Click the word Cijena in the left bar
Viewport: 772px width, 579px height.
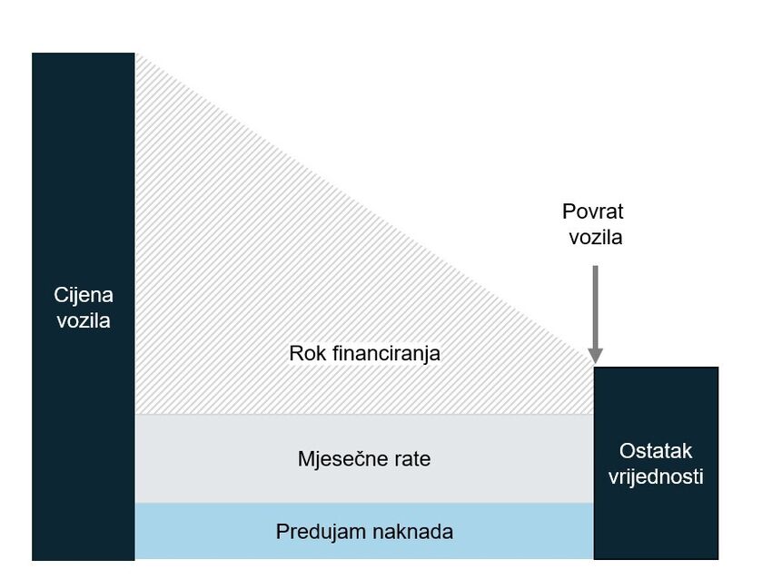click(84, 295)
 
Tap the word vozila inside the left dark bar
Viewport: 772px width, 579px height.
click(84, 320)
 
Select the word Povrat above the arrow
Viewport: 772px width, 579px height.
click(593, 211)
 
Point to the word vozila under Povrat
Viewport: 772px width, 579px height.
click(596, 237)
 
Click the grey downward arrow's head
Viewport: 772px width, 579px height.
click(595, 356)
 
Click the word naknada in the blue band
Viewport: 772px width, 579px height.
click(412, 532)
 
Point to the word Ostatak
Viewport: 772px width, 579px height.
click(656, 451)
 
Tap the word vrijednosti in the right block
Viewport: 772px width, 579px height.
click(656, 476)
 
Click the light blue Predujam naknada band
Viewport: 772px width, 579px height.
click(364, 531)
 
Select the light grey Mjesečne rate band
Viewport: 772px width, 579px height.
click(364, 458)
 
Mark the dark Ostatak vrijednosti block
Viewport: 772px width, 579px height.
click(656, 463)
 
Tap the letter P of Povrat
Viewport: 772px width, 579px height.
click(569, 211)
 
